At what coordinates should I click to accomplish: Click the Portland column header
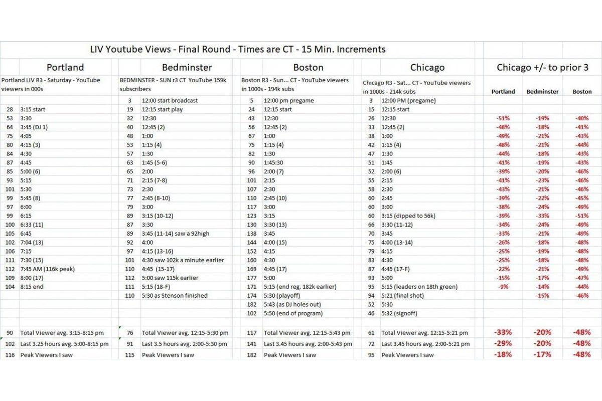[65, 67]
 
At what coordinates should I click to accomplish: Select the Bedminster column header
[187, 67]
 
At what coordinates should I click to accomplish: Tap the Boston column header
[308, 67]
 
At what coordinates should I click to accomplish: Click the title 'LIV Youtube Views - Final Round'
[237, 49]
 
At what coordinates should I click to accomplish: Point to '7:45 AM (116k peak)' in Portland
[47, 269]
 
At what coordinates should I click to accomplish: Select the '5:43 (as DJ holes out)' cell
[292, 304]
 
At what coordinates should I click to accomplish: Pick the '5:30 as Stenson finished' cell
[175, 296]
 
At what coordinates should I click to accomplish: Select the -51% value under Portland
[503, 118]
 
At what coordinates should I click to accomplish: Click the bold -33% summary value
[502, 332]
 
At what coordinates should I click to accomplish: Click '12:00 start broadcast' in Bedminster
[170, 100]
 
